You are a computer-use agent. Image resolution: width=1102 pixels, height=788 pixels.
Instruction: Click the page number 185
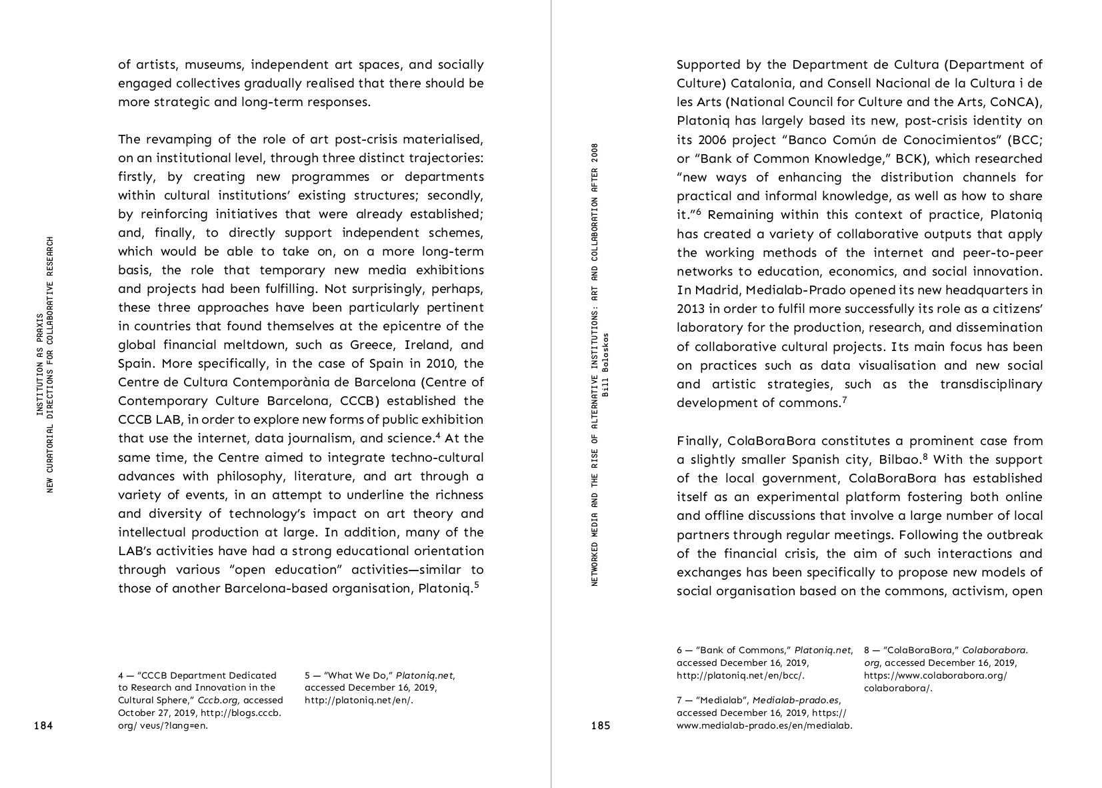[x=600, y=726]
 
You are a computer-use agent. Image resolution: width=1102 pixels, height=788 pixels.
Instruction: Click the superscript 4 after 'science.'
[x=437, y=436]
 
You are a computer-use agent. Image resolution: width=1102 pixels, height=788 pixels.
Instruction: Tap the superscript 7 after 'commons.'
[x=844, y=400]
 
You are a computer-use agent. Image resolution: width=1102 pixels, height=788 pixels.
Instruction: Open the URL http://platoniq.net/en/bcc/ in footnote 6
[x=740, y=675]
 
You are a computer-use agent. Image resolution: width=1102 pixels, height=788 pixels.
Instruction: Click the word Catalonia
[x=761, y=83]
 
